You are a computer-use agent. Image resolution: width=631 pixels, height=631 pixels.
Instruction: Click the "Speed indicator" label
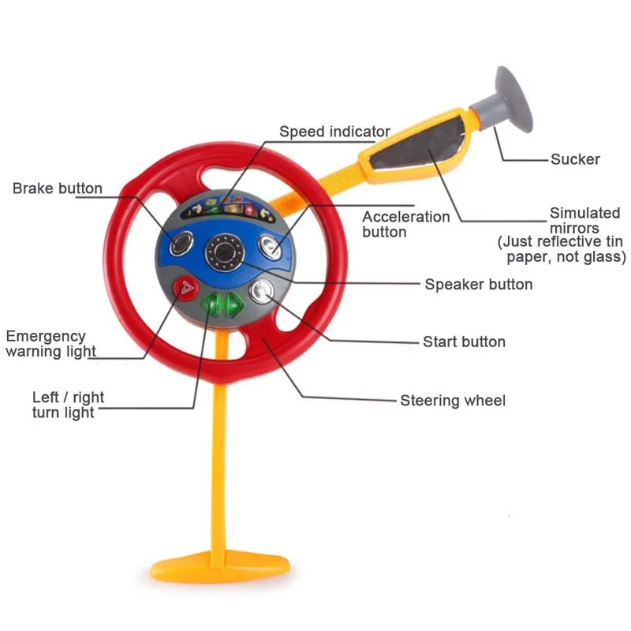(x=334, y=132)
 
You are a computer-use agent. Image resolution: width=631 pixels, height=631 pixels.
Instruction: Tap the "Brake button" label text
(x=57, y=189)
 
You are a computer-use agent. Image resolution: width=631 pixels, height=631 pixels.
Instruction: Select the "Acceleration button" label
(x=406, y=224)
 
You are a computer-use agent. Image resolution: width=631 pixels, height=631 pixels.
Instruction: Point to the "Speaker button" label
(x=478, y=284)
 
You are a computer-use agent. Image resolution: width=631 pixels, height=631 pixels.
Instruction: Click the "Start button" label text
(x=464, y=342)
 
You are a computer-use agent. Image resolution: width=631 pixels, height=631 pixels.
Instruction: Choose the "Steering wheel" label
(x=453, y=401)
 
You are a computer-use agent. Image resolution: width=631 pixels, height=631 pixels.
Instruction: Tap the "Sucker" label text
(x=575, y=159)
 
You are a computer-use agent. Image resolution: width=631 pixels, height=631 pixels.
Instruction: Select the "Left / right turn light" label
(x=68, y=405)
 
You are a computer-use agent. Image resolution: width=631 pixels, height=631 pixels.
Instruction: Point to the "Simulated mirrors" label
(x=585, y=221)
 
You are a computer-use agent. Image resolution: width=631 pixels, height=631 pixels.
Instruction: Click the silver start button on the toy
(x=262, y=291)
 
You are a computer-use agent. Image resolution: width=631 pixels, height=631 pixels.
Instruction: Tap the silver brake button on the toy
(x=183, y=245)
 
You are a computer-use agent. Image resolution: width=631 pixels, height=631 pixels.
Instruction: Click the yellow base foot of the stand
(x=222, y=566)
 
